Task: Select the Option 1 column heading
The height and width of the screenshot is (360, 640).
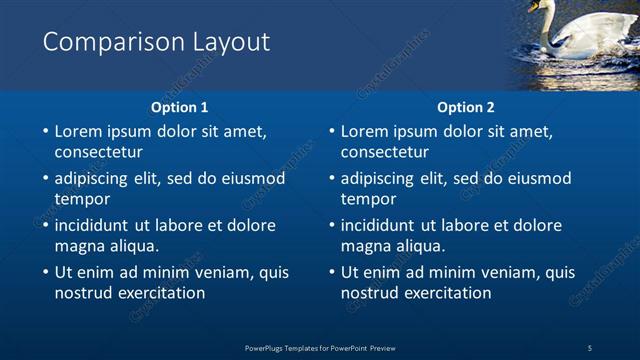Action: [180, 107]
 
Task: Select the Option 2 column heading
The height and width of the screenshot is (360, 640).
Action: [466, 107]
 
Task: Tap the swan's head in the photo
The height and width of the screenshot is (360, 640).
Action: [547, 7]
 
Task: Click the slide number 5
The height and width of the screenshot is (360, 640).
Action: [590, 348]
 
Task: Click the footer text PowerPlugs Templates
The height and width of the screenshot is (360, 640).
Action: [289, 348]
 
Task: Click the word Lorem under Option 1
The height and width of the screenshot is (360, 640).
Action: [78, 131]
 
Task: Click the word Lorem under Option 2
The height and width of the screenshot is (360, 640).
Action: [364, 131]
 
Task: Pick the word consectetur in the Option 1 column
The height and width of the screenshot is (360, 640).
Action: [98, 153]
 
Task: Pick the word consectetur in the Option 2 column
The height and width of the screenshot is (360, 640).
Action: [384, 153]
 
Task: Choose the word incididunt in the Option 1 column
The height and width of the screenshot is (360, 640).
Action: [91, 225]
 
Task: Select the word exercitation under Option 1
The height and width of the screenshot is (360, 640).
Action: [160, 293]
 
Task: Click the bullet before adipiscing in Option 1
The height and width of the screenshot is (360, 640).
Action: [44, 179]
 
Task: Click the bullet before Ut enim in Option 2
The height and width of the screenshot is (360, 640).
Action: [330, 272]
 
